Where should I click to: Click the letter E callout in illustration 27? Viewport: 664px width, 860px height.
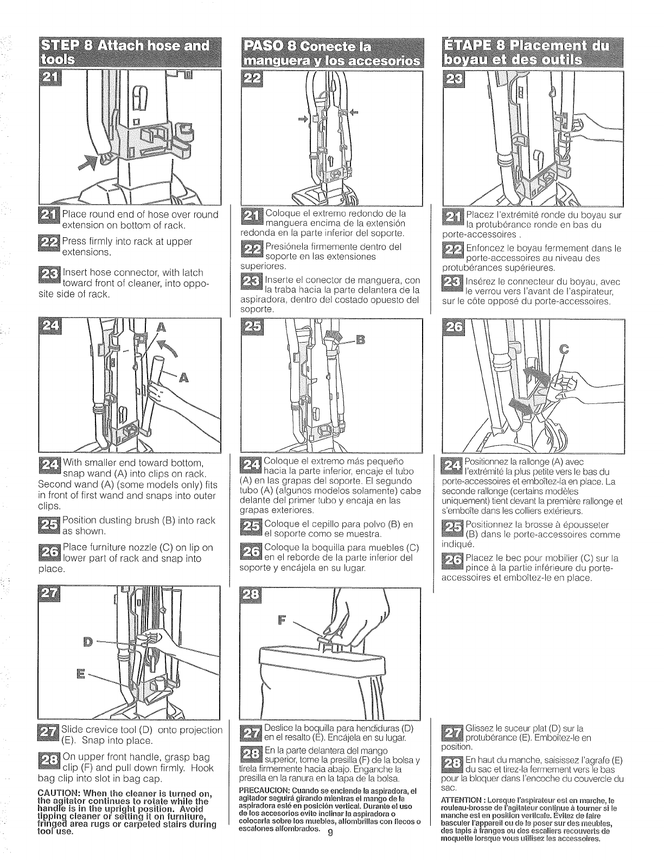pyautogui.click(x=81, y=675)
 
